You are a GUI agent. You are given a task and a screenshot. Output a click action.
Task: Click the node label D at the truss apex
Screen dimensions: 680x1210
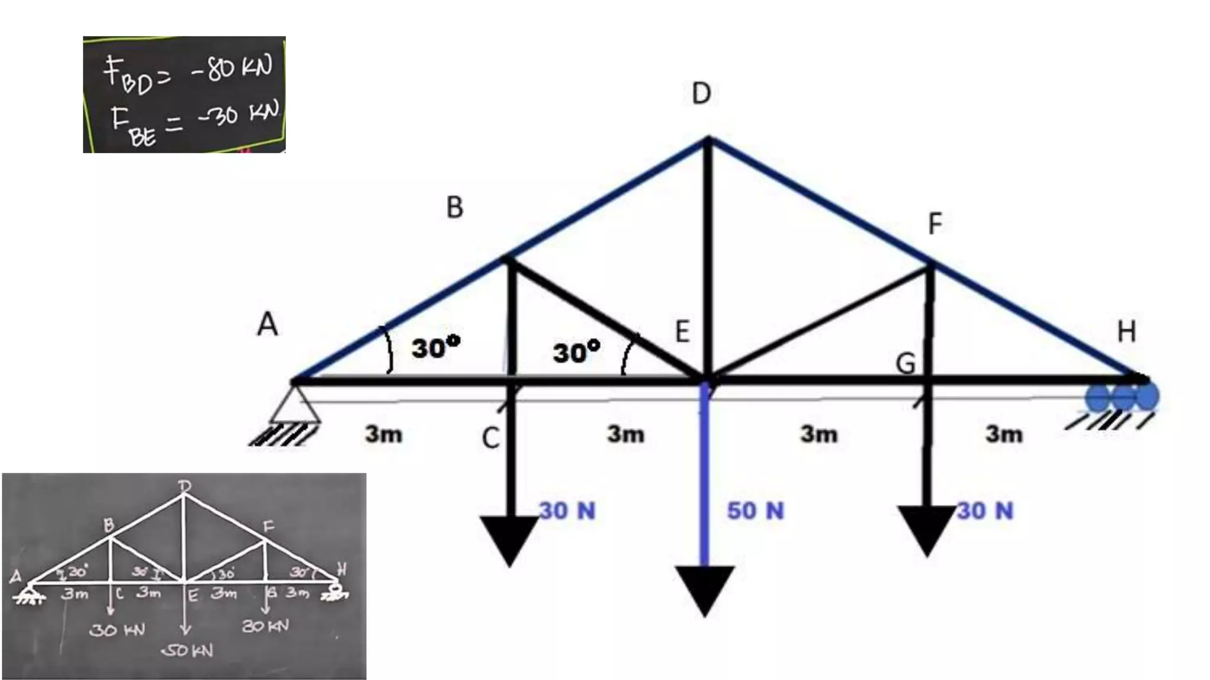click(701, 93)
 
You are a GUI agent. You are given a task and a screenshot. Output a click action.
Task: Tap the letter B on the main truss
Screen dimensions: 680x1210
click(454, 208)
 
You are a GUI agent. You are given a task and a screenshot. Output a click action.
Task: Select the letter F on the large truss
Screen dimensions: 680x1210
click(935, 224)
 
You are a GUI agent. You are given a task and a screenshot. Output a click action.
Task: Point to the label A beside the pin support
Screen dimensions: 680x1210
click(267, 324)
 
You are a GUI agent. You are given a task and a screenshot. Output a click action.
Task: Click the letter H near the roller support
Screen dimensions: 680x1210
click(1126, 332)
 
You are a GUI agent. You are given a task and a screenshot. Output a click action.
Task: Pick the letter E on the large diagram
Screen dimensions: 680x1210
click(682, 332)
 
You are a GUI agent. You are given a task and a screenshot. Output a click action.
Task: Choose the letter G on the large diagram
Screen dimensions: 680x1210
click(905, 364)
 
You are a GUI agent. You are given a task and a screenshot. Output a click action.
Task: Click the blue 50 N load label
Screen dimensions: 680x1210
click(755, 511)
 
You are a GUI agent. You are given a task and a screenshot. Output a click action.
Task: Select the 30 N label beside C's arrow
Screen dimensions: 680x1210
click(567, 511)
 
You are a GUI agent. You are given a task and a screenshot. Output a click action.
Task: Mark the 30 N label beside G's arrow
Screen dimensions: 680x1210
click(985, 511)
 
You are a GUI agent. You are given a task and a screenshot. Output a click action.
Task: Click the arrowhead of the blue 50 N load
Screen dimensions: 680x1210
click(704, 590)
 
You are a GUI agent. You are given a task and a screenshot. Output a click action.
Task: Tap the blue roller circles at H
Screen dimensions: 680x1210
click(1122, 397)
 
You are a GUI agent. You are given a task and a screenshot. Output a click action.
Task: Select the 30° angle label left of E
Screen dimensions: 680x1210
click(576, 352)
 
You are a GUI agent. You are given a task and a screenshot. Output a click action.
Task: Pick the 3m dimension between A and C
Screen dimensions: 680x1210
click(383, 434)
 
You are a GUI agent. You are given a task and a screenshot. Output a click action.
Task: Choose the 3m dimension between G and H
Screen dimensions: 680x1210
click(1004, 434)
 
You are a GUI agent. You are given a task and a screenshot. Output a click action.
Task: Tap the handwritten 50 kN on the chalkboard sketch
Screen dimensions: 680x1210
click(188, 650)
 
